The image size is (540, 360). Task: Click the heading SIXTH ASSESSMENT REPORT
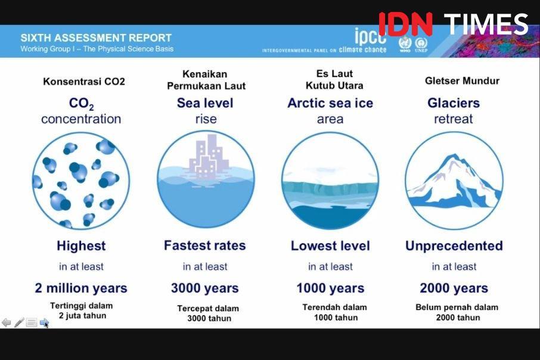click(x=96, y=38)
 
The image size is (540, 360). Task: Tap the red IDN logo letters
click(x=405, y=24)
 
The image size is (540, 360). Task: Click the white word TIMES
click(x=486, y=24)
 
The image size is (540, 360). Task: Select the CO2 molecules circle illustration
click(x=81, y=181)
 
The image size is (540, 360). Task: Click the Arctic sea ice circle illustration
click(x=330, y=181)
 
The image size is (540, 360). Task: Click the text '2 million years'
click(x=81, y=288)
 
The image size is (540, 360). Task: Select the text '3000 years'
click(x=205, y=288)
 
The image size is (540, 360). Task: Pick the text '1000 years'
click(x=330, y=288)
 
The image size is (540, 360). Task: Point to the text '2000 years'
click(x=454, y=288)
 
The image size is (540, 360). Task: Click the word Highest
click(x=81, y=246)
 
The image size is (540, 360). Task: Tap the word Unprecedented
click(x=454, y=246)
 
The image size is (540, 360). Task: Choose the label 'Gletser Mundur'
click(x=462, y=80)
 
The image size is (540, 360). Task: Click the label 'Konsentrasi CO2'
click(x=83, y=81)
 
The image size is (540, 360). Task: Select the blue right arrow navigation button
click(x=44, y=322)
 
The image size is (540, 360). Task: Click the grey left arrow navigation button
click(x=6, y=322)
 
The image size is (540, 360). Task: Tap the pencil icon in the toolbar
click(x=19, y=322)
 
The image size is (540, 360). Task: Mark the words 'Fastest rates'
click(x=205, y=246)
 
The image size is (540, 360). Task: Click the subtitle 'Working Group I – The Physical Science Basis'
click(x=97, y=49)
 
